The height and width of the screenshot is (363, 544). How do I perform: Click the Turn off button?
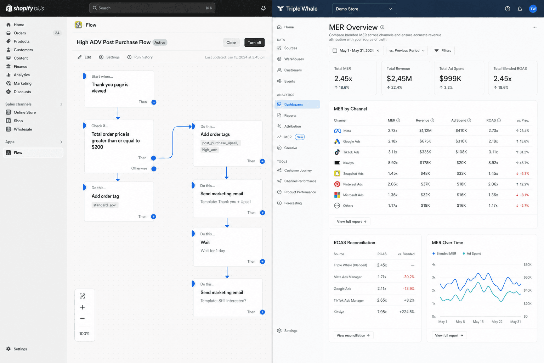pos(254,43)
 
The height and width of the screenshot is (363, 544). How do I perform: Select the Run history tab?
pos(140,57)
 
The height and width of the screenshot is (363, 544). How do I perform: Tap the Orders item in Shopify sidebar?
pos(20,33)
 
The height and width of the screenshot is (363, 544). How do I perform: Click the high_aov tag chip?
pos(210,150)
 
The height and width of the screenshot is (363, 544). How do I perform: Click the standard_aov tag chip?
pos(105,205)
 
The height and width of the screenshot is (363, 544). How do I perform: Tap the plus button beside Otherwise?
pos(154,169)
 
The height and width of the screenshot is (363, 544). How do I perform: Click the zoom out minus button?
pos(82,318)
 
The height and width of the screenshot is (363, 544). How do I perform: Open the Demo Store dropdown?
pos(364,9)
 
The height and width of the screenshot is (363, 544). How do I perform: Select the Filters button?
pos(442,51)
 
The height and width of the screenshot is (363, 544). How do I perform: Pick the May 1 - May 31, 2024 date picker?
pos(356,51)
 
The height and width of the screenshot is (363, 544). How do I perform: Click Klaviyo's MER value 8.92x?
pos(393,163)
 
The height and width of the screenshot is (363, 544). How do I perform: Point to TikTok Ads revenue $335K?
pos(425,152)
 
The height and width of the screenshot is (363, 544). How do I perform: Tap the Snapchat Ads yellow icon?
pos(337,173)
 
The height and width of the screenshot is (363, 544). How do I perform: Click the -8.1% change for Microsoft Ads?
pos(522,195)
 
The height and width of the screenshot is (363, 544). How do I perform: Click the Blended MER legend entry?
pos(444,253)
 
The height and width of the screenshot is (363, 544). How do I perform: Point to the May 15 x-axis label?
pos(478,322)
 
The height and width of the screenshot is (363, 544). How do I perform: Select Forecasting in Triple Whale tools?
pos(293,203)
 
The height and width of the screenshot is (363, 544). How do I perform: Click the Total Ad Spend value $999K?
pos(450,79)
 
